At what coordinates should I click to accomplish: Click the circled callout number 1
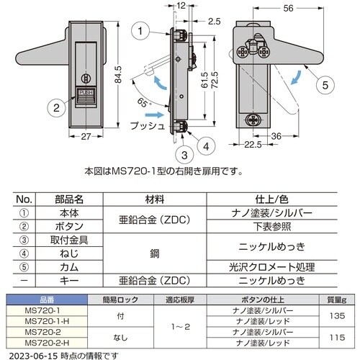click(140, 31)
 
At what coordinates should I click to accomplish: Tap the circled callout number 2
click(56, 108)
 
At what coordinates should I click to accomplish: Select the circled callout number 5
click(325, 85)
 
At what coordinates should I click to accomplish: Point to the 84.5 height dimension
click(118, 75)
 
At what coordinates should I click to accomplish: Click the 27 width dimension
click(86, 137)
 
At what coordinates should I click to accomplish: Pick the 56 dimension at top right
click(288, 9)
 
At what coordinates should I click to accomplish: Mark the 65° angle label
click(143, 103)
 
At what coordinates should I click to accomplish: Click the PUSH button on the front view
click(86, 96)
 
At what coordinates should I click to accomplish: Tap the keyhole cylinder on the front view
click(86, 78)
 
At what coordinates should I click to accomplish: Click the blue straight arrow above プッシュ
click(155, 114)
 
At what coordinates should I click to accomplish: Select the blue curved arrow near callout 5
click(296, 77)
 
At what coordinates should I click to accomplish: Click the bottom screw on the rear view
click(253, 120)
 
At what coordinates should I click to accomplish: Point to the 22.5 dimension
click(253, 145)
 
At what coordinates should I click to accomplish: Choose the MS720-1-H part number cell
click(47, 321)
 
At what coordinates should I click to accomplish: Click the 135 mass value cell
click(337, 316)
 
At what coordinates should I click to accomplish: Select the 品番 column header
click(47, 300)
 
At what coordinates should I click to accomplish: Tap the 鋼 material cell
click(155, 253)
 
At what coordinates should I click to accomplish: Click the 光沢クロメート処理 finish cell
click(271, 267)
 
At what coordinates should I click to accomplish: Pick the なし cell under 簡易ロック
click(120, 338)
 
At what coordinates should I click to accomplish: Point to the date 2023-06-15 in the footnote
click(33, 356)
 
